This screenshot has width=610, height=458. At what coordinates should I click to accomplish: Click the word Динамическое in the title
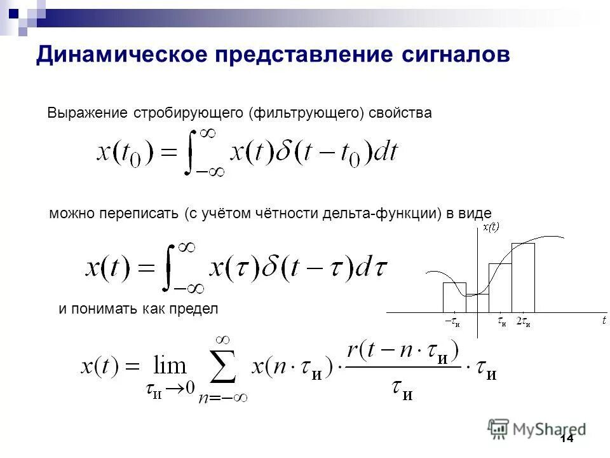tap(120, 54)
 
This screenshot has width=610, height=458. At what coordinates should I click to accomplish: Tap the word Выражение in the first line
tap(87, 113)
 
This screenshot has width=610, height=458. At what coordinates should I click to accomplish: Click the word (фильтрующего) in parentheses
tap(306, 113)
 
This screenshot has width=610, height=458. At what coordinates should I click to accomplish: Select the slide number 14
tap(566, 438)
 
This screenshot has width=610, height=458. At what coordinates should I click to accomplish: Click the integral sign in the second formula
tap(168, 268)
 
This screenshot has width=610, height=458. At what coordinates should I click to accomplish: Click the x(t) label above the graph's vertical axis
tap(491, 227)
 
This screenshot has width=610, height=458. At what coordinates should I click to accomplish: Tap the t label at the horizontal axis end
tap(604, 321)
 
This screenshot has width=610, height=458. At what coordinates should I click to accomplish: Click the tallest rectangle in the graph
tap(523, 277)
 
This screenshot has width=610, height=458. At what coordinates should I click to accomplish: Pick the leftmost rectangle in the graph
tap(454, 297)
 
